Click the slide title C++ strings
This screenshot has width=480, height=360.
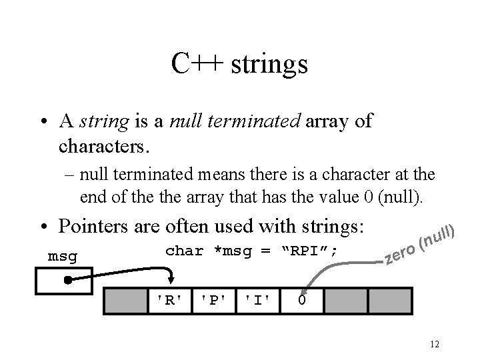pyautogui.click(x=239, y=65)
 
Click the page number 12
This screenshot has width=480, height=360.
pyautogui.click(x=434, y=344)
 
